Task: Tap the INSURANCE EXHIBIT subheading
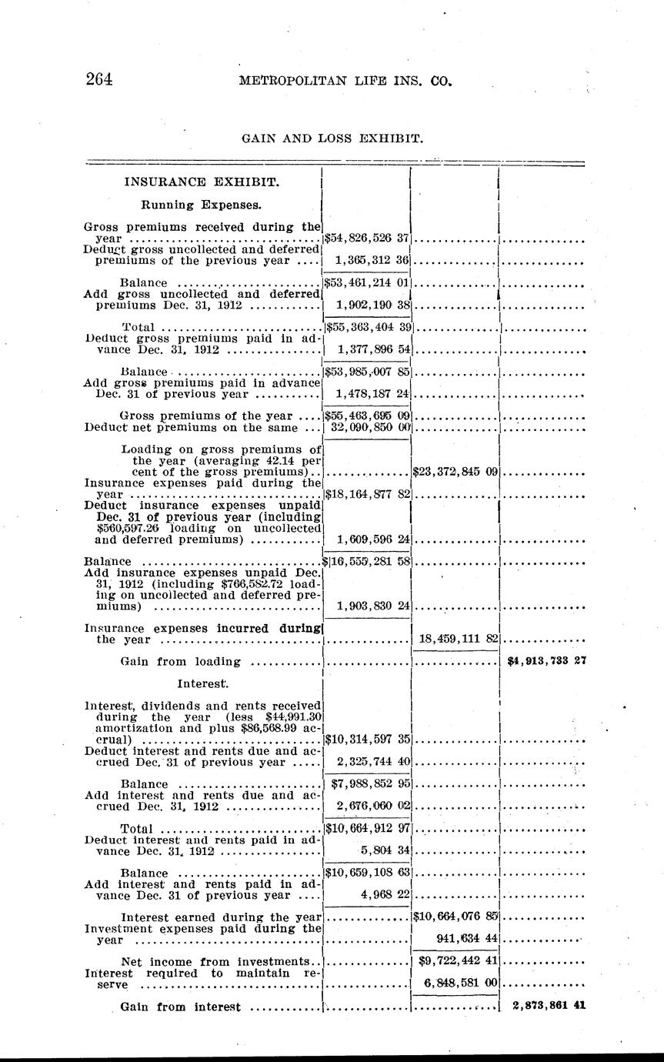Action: tap(202, 182)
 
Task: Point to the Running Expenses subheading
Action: tap(201, 205)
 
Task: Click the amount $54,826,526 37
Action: tap(366, 239)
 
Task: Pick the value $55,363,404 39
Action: tap(368, 327)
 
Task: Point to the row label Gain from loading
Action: tap(181, 661)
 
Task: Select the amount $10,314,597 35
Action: tap(366, 739)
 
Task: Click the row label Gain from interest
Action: tap(181, 1007)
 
